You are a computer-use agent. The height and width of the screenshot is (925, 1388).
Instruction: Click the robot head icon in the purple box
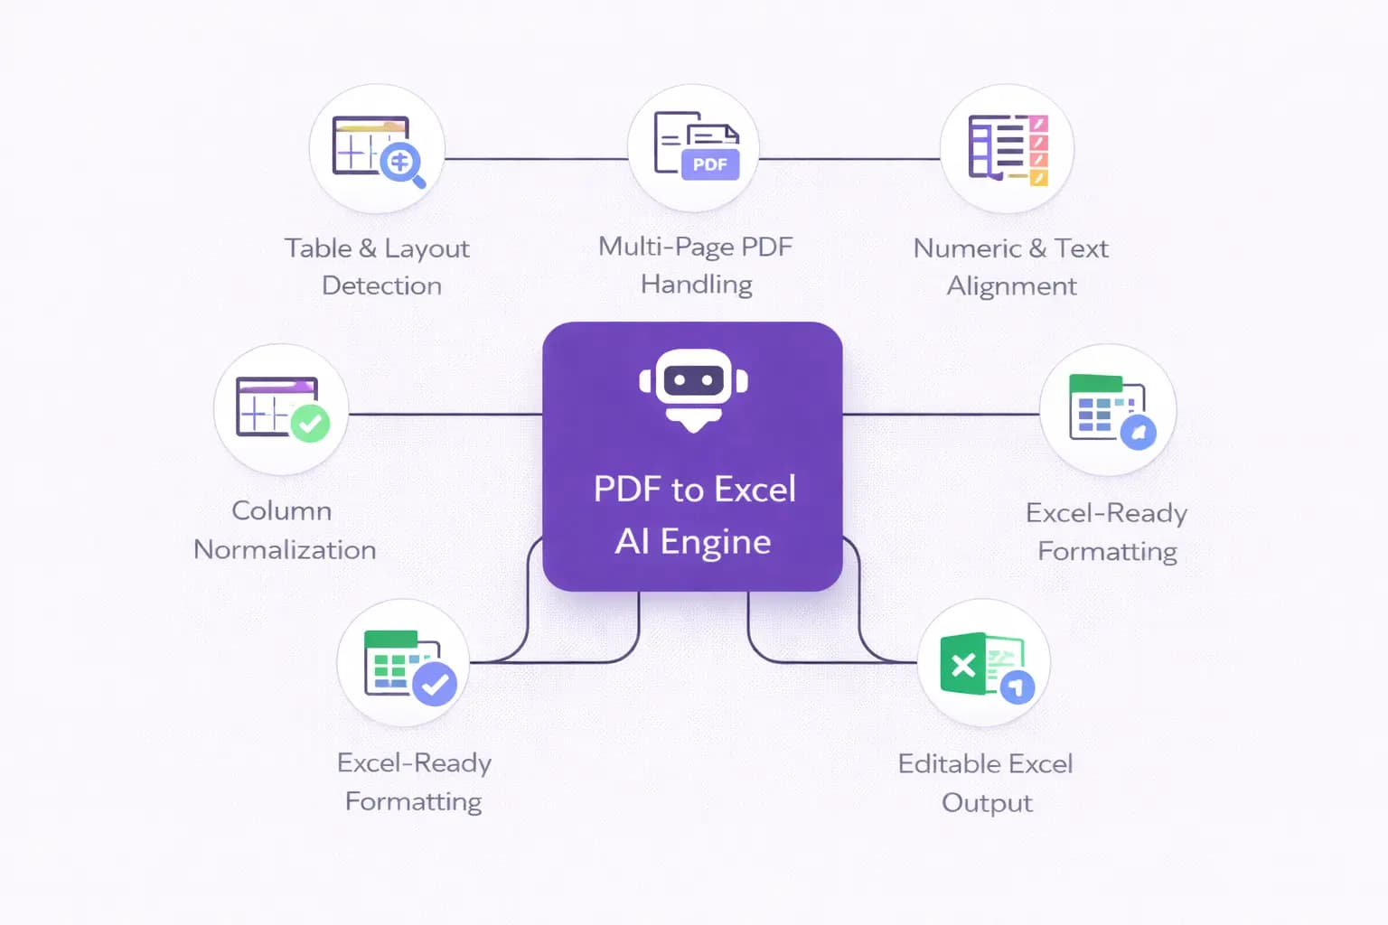tap(693, 387)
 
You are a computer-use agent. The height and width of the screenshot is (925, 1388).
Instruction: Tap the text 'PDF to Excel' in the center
tap(694, 490)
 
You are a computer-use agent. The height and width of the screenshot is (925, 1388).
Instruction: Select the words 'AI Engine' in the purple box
tap(693, 542)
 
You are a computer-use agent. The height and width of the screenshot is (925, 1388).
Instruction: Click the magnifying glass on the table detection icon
tap(401, 164)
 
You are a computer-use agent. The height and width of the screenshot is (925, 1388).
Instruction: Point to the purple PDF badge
tap(709, 164)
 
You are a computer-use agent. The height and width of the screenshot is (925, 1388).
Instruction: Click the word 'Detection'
tap(381, 286)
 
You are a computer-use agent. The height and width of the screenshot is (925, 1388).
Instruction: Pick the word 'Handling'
tap(696, 285)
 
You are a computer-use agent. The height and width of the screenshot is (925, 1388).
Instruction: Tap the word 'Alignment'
tap(1011, 286)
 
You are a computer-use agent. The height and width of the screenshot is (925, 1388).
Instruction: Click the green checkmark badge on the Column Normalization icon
tap(310, 422)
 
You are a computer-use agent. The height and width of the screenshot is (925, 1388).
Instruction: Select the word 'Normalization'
tap(285, 550)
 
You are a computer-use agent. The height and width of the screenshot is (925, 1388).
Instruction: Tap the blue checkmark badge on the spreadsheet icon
tap(435, 684)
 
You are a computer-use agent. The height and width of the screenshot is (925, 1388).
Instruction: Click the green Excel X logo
tap(963, 666)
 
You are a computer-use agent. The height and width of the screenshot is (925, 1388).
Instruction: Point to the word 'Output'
tap(987, 803)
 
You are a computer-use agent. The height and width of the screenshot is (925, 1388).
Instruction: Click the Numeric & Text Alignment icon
tap(1008, 149)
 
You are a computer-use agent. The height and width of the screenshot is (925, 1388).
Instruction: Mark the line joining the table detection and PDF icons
tap(536, 159)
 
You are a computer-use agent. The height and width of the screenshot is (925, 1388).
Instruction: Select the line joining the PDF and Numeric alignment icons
tap(849, 159)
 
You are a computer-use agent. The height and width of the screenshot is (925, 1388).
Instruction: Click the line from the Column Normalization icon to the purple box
tap(445, 415)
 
